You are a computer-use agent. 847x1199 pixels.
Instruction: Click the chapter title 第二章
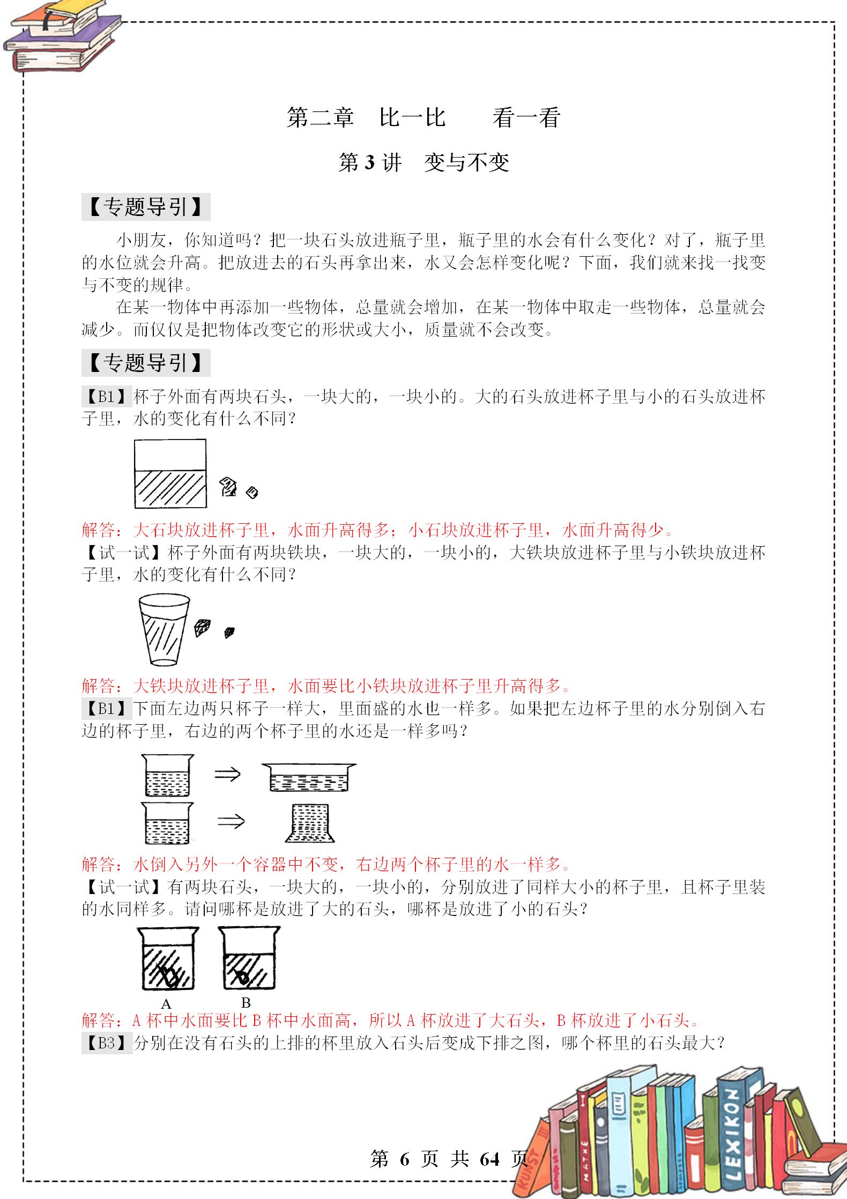320,117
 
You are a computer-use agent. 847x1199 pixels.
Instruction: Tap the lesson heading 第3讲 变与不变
423,162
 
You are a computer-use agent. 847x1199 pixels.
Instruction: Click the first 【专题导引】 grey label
145,207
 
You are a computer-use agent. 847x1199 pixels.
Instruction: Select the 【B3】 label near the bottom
106,1043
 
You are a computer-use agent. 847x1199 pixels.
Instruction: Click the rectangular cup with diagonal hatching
170,474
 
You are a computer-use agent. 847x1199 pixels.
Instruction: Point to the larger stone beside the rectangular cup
229,486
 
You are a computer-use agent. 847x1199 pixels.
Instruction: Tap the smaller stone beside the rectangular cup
251,491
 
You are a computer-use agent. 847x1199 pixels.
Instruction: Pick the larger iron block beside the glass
203,627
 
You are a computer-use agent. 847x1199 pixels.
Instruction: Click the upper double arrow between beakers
227,774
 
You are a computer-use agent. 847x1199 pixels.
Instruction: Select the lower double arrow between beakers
231,821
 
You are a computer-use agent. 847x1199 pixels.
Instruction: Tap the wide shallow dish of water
309,777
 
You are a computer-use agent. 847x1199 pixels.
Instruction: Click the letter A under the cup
166,1004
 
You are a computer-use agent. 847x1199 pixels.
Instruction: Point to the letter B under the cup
246,1002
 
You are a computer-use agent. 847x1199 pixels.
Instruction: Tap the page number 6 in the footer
404,1159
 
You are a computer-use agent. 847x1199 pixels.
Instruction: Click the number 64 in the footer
490,1159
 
